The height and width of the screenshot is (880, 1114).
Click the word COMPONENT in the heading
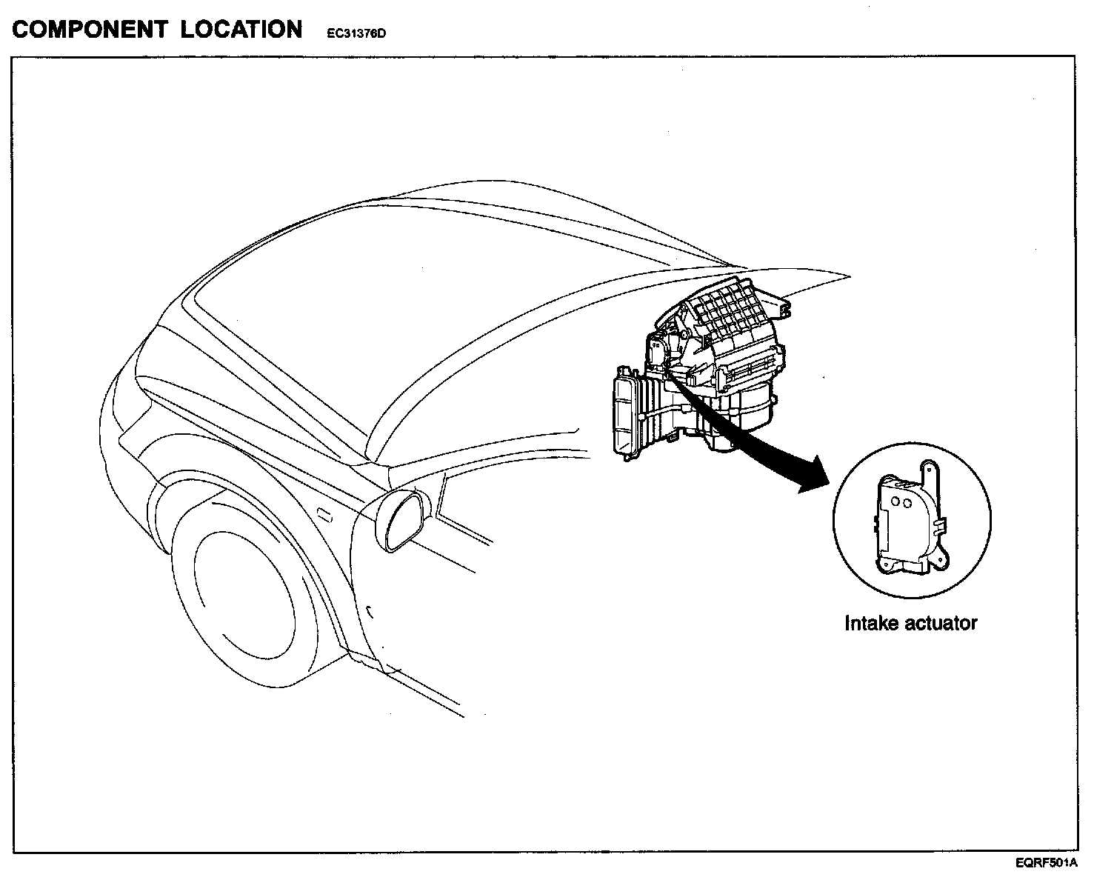click(x=90, y=30)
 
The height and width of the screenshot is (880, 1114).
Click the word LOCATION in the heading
click(x=241, y=30)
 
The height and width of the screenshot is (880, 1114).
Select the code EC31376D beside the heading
click(x=356, y=33)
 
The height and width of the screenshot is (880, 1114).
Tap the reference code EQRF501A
click(x=1046, y=863)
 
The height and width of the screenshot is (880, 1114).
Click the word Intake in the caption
click(x=872, y=623)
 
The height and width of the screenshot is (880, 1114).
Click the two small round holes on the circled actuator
click(x=901, y=502)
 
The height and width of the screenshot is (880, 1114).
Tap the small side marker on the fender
click(x=324, y=515)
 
